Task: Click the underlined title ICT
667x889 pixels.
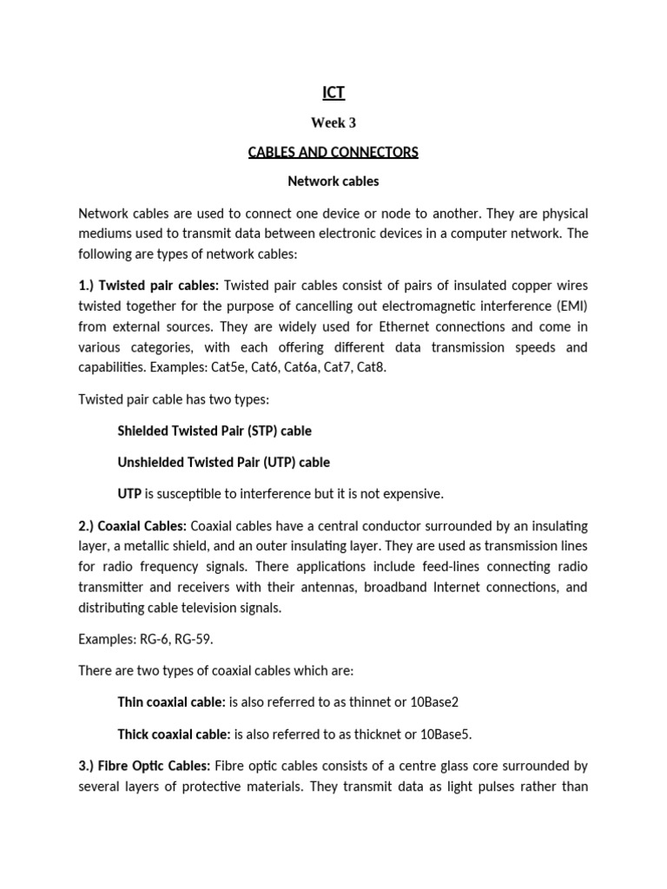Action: pyautogui.click(x=333, y=92)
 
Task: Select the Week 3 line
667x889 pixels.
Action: pyautogui.click(x=333, y=122)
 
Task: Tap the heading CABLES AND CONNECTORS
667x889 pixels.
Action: pyautogui.click(x=333, y=153)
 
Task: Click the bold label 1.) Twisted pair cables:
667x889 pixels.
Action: pyautogui.click(x=149, y=286)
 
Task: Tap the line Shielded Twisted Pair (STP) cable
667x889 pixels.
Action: pyautogui.click(x=214, y=431)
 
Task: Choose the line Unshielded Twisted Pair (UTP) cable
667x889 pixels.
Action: pyautogui.click(x=223, y=463)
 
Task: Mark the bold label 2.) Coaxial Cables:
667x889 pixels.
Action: pyautogui.click(x=132, y=525)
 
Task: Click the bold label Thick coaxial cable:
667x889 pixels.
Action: pyautogui.click(x=174, y=734)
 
